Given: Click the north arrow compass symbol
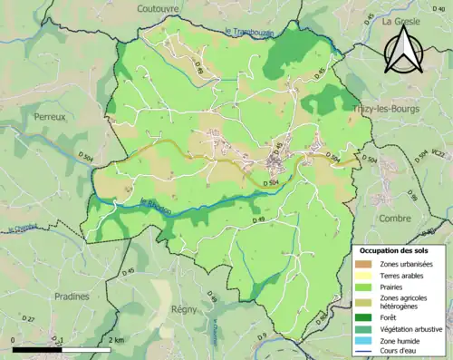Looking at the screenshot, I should tap(405, 50).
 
